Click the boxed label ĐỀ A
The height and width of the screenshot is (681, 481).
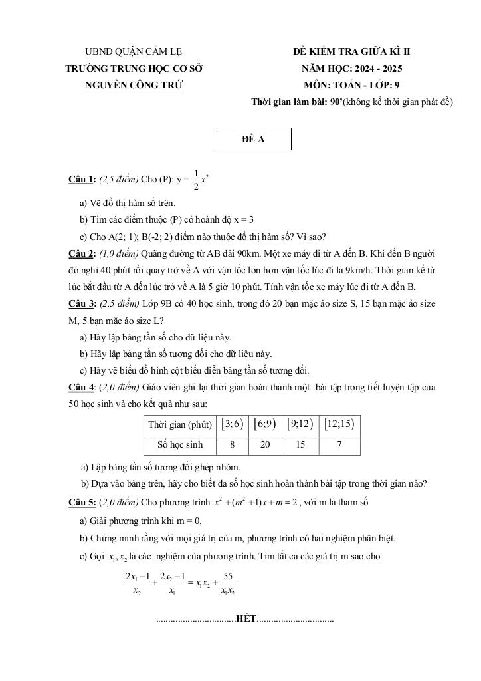pyautogui.click(x=253, y=139)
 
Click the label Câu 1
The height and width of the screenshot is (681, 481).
pyautogui.click(x=82, y=180)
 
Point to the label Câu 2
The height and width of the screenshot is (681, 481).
pyautogui.click(x=82, y=253)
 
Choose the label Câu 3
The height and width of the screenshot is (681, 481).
pyautogui.click(x=82, y=303)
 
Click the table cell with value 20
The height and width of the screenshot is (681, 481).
pyautogui.click(x=265, y=445)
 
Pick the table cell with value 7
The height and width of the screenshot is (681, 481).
pyautogui.click(x=339, y=445)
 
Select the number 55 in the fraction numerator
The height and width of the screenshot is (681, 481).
pyautogui.click(x=228, y=575)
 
